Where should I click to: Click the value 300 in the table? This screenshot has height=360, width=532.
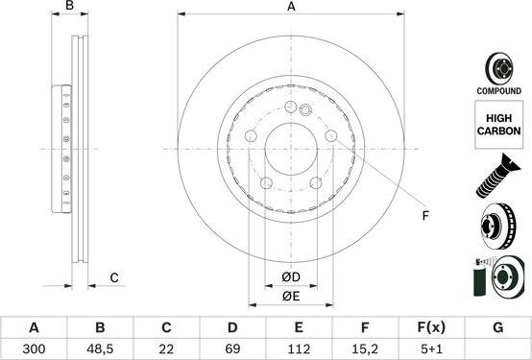point(35,348)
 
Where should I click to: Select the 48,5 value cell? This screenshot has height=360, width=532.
point(101,348)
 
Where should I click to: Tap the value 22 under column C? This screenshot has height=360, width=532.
point(166,348)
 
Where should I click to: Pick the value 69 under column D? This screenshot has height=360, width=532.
point(232,348)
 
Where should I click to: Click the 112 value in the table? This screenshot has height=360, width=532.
point(299,348)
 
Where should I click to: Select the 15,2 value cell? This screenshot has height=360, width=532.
point(365,348)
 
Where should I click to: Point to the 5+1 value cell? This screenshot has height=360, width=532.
point(431,348)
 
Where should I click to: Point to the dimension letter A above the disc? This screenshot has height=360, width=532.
point(292,8)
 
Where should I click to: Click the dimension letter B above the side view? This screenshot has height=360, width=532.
point(68,8)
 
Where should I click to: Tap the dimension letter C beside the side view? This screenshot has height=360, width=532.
point(112,278)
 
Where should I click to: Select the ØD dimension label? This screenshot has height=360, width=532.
point(292,278)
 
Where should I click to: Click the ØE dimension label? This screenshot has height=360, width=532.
point(292,296)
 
